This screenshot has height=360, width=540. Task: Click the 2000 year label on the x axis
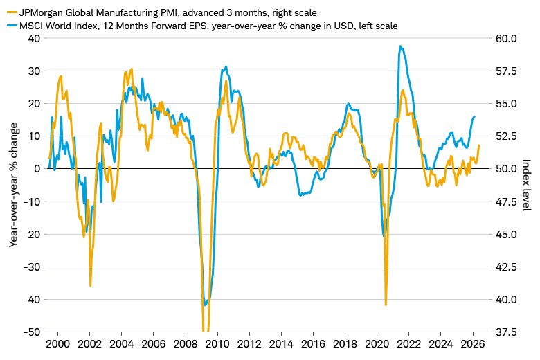coord(58,343)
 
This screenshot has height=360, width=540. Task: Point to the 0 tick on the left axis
coord(37,169)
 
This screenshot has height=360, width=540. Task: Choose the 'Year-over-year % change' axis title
coord(14,185)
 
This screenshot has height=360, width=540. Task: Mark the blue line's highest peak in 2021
coord(400,46)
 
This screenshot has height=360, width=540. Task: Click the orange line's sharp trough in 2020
coord(386,304)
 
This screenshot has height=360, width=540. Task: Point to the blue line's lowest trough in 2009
coord(205,305)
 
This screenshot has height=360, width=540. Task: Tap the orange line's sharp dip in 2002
coord(91,285)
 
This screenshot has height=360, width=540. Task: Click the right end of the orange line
coord(479,145)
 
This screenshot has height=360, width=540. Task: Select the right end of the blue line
coord(474,116)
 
